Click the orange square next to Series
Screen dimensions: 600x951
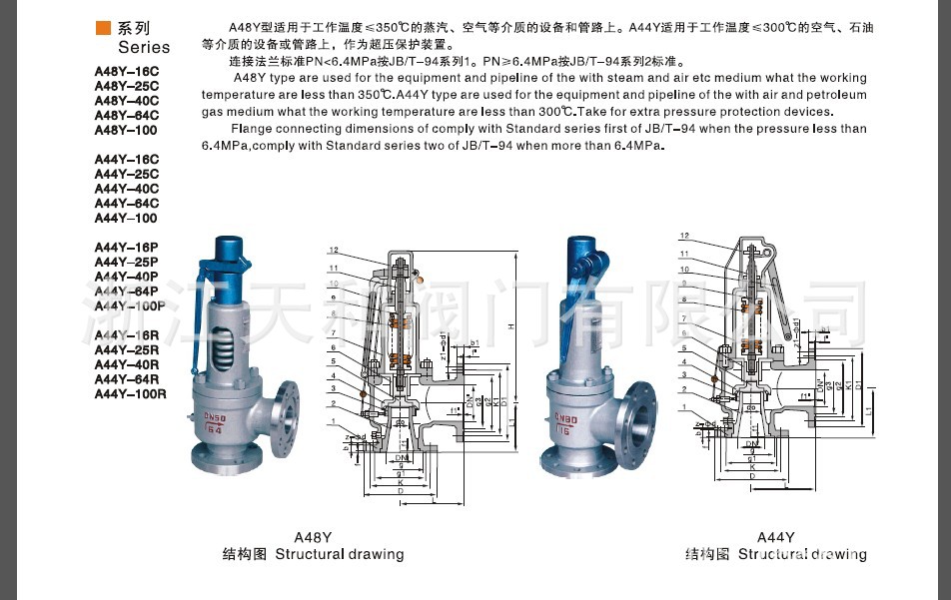[x=103, y=28]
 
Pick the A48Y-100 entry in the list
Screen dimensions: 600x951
[x=125, y=130]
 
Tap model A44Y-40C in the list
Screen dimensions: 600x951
[x=126, y=189]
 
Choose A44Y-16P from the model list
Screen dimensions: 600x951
[x=126, y=247]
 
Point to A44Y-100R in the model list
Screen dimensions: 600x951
[x=130, y=393]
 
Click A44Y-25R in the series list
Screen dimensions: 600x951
[x=126, y=349]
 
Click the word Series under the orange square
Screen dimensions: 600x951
[x=144, y=47]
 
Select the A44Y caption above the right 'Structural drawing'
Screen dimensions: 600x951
[x=775, y=536]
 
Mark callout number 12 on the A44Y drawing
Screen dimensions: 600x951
[x=684, y=237]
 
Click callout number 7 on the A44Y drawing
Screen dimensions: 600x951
[x=684, y=317]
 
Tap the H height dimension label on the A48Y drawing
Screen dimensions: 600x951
[x=509, y=325]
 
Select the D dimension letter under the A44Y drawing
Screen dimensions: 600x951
[x=750, y=477]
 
